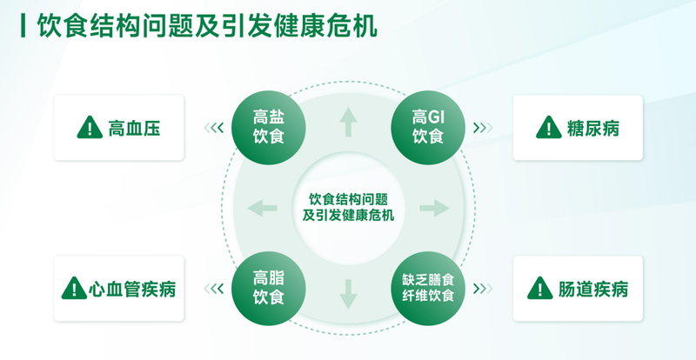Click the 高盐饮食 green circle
(269, 128)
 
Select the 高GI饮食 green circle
(428, 128)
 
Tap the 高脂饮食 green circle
(269, 289)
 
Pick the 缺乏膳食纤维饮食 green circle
(428, 289)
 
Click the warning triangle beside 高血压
(90, 128)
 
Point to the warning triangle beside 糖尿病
(549, 128)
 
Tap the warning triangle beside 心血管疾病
(74, 288)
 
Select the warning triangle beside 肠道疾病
(540, 288)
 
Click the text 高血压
(134, 129)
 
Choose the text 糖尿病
(593, 129)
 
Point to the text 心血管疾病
(132, 290)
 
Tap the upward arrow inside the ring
(349, 122)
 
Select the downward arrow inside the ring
(349, 294)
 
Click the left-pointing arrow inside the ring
(263, 208)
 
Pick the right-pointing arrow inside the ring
(434, 208)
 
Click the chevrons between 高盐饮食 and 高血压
(213, 129)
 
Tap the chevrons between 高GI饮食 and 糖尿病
(483, 129)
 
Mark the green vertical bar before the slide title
(23, 26)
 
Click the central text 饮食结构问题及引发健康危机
(349, 207)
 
